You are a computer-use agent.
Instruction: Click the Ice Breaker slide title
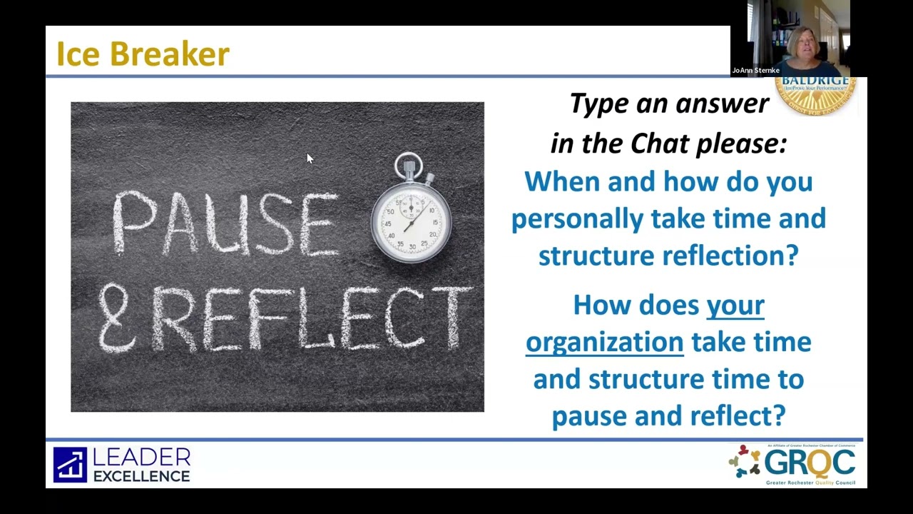143,54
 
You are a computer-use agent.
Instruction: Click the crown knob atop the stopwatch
409,166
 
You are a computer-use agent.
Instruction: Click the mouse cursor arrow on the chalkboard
309,158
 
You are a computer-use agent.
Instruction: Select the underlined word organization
604,342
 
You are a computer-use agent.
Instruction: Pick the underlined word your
735,306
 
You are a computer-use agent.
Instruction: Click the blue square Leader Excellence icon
70,465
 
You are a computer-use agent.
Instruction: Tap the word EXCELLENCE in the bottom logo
142,476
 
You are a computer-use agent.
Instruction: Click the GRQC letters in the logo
809,463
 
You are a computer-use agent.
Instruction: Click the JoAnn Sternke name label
755,70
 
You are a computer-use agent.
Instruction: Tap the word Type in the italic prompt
598,104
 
